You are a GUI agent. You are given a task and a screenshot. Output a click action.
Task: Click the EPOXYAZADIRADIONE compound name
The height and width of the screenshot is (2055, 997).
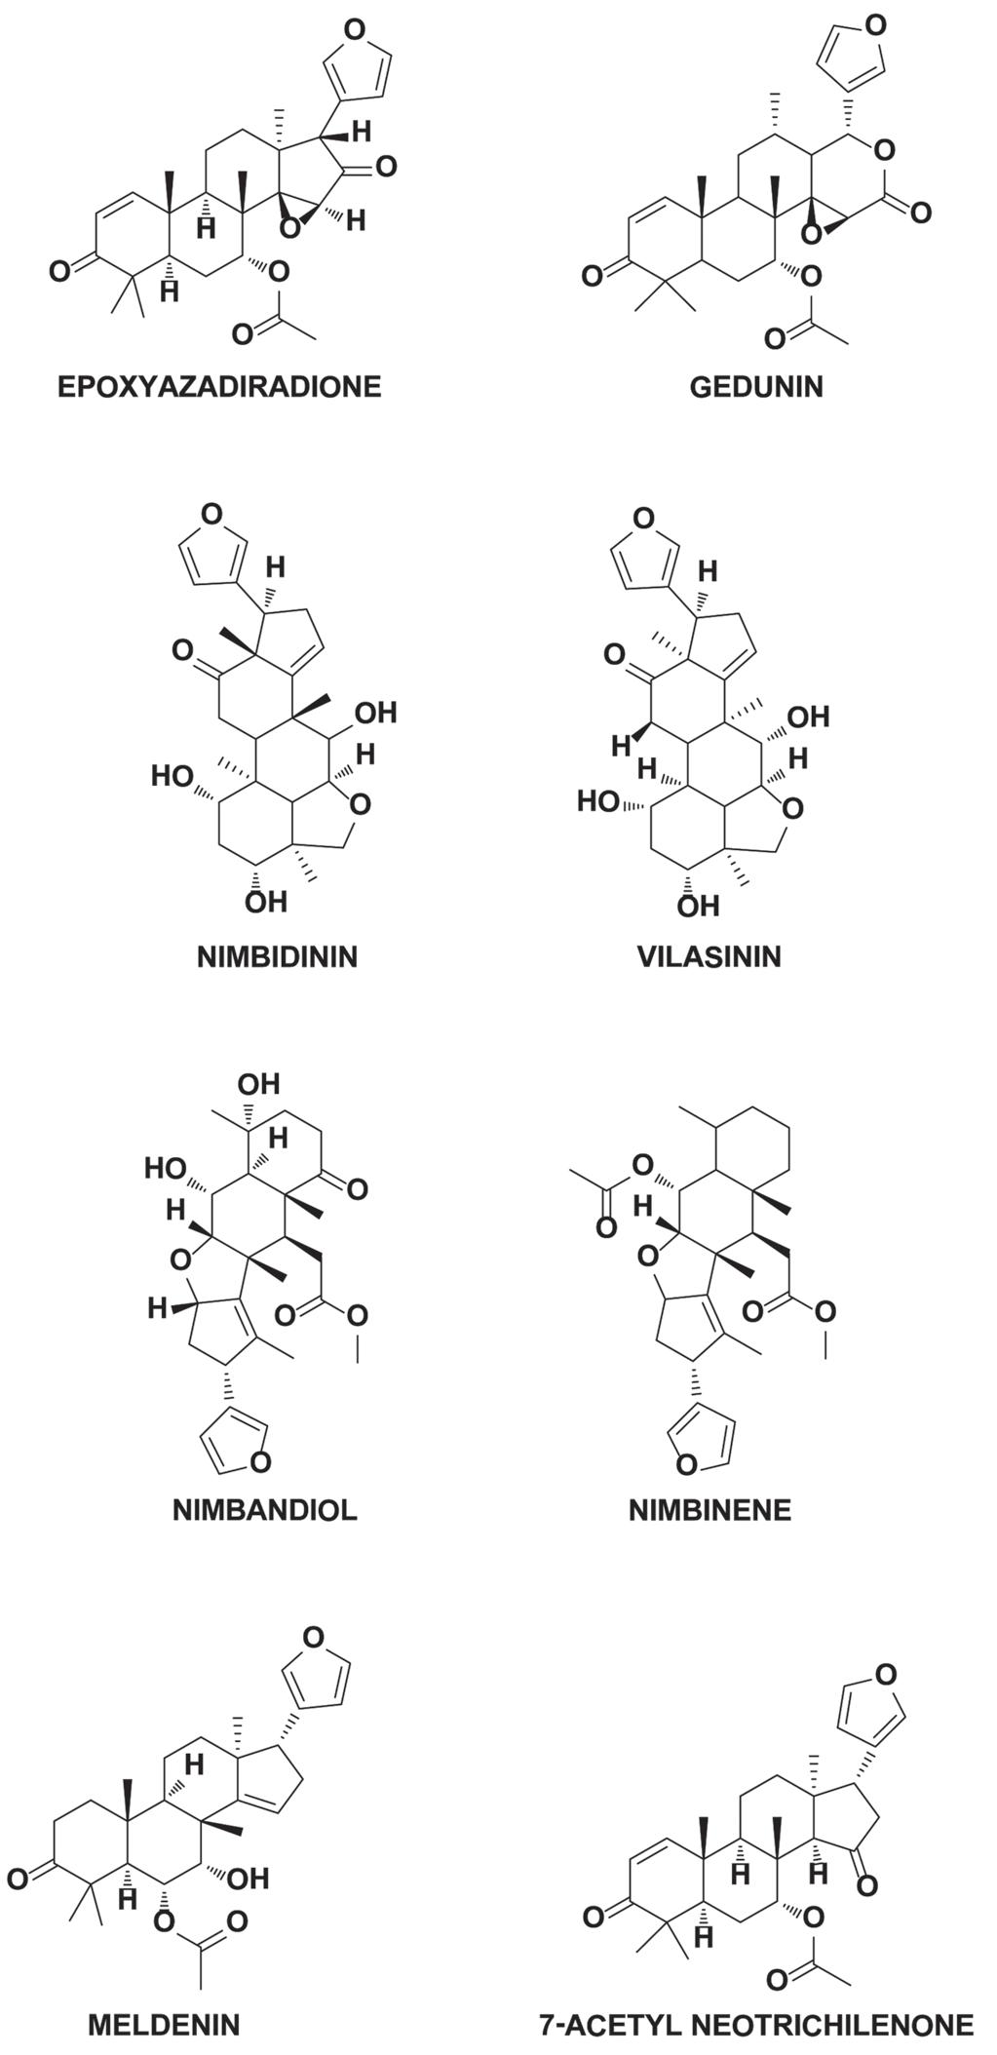tap(219, 387)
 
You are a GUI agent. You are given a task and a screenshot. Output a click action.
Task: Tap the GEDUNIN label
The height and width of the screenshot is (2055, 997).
tap(755, 387)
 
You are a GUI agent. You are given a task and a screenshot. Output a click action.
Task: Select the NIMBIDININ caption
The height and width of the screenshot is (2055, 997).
tap(278, 956)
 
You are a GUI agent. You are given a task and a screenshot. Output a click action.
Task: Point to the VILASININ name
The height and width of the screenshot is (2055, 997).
tap(709, 956)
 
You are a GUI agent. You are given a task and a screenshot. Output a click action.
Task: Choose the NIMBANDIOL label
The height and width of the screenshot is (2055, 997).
tap(265, 1510)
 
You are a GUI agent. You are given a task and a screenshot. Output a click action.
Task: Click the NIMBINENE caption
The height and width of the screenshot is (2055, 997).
tap(709, 1510)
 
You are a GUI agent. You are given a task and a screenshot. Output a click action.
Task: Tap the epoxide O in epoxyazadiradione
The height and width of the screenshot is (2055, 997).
tap(289, 227)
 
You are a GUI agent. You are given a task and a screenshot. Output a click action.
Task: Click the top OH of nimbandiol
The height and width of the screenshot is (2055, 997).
tap(258, 1084)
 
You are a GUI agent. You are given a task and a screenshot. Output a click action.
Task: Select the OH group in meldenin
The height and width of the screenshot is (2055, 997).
tap(248, 1877)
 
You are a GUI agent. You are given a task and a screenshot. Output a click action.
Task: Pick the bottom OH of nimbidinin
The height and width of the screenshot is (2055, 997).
tap(265, 901)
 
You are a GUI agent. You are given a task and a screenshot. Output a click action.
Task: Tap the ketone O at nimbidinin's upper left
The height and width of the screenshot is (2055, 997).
tap(182, 650)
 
